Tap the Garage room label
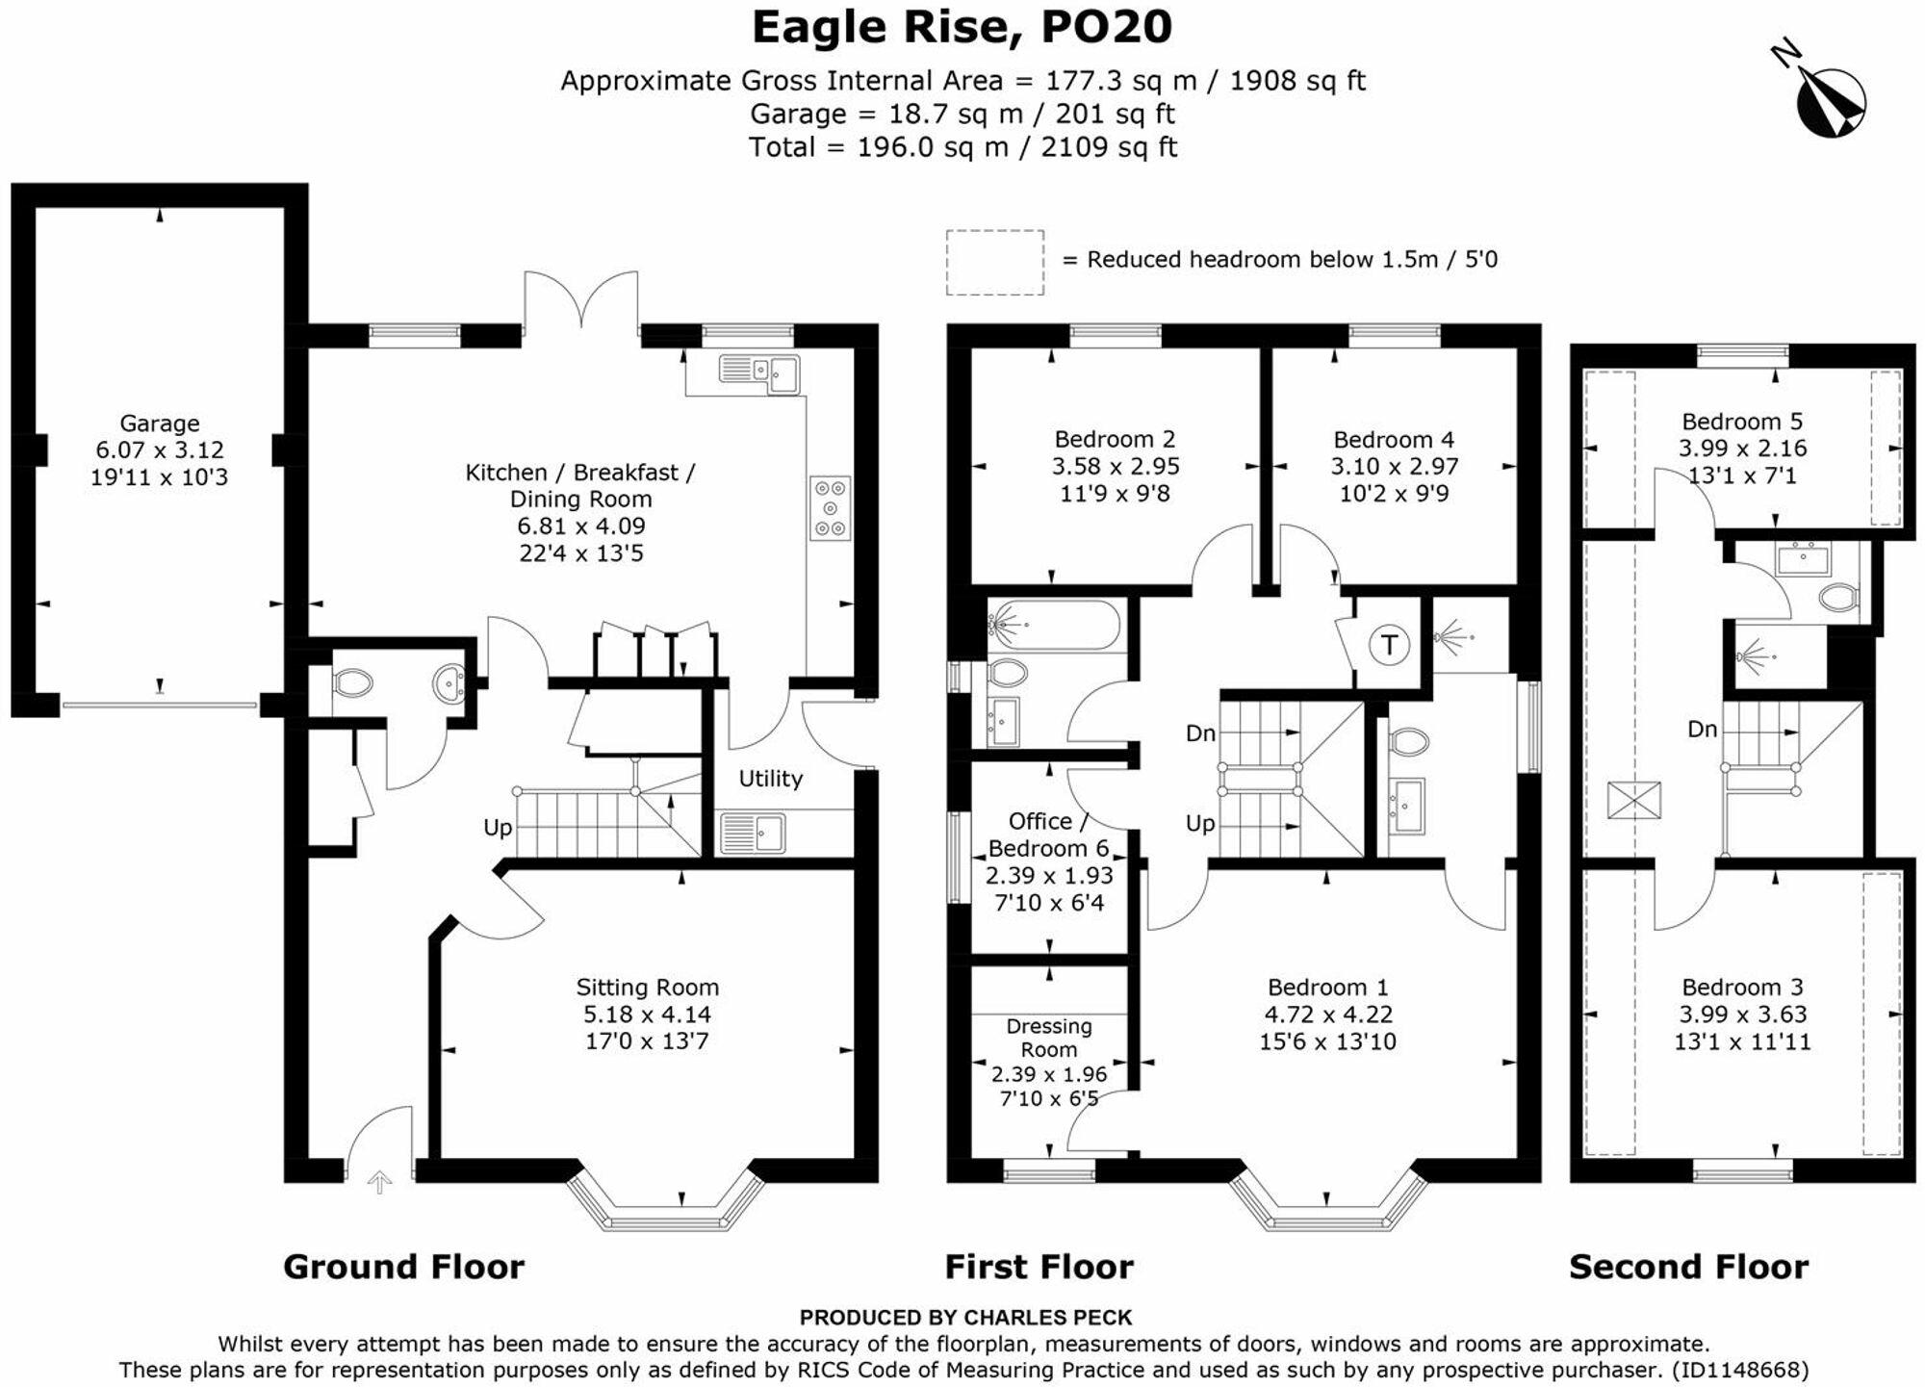159,424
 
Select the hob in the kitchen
830,507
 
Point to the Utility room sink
753,833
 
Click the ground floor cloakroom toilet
352,683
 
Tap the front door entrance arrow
379,1182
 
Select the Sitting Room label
647,987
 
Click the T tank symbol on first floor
1389,644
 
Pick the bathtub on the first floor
1054,626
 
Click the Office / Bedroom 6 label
1047,835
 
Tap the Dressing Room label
1048,1038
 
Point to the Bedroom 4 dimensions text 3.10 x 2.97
1394,467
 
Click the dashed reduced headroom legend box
994,262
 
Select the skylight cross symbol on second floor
1633,800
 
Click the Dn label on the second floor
1702,730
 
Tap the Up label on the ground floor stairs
498,828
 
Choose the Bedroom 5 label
1741,422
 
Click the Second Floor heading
1688,1267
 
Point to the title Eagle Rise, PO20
962,28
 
